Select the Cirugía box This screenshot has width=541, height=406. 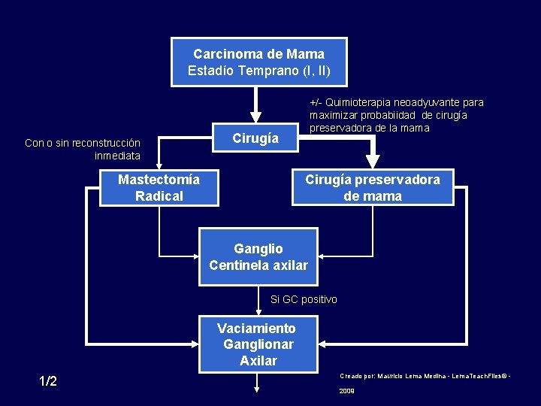(255, 138)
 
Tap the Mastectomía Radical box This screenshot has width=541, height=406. (159, 188)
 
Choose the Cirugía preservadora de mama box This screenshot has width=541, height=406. (373, 188)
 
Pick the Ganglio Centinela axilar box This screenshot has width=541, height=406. (258, 256)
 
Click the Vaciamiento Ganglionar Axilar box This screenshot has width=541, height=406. (258, 344)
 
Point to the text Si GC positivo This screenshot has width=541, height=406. (304, 300)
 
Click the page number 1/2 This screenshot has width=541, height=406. (48, 381)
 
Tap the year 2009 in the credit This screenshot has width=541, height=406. (346, 391)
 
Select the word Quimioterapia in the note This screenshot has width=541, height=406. (354, 102)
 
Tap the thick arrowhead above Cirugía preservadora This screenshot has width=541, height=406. (372, 161)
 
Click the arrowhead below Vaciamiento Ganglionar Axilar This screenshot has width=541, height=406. (257, 388)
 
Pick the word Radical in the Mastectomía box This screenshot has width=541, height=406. (159, 196)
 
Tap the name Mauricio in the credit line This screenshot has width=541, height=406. (391, 374)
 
